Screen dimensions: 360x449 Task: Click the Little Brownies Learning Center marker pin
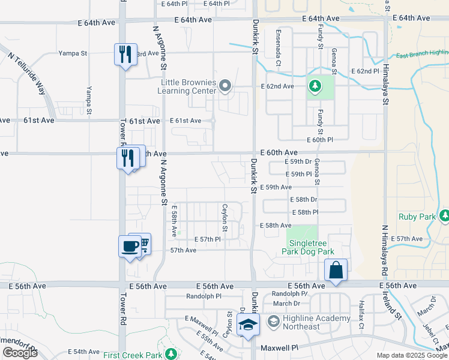point(225,86)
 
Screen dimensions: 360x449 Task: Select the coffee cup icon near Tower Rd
point(130,247)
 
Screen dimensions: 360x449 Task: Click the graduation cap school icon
point(247,326)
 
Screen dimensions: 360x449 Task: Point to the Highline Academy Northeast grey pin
point(273,322)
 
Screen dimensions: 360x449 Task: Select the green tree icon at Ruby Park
point(445,215)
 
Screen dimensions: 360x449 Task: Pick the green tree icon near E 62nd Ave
point(315,85)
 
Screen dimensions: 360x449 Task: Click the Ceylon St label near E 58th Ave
point(226,217)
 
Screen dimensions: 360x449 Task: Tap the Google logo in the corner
point(20,353)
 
